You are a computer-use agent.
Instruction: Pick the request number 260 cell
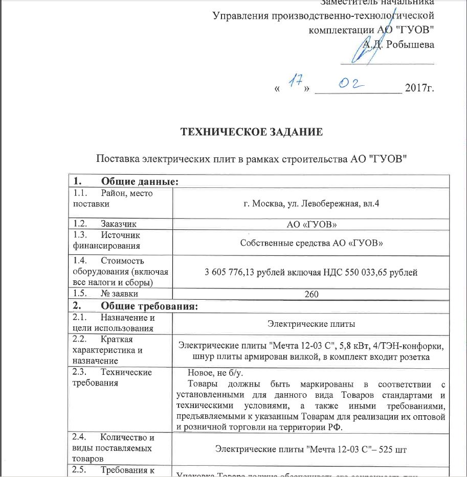coord(312,294)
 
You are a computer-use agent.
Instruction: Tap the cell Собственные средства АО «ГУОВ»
coord(312,242)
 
